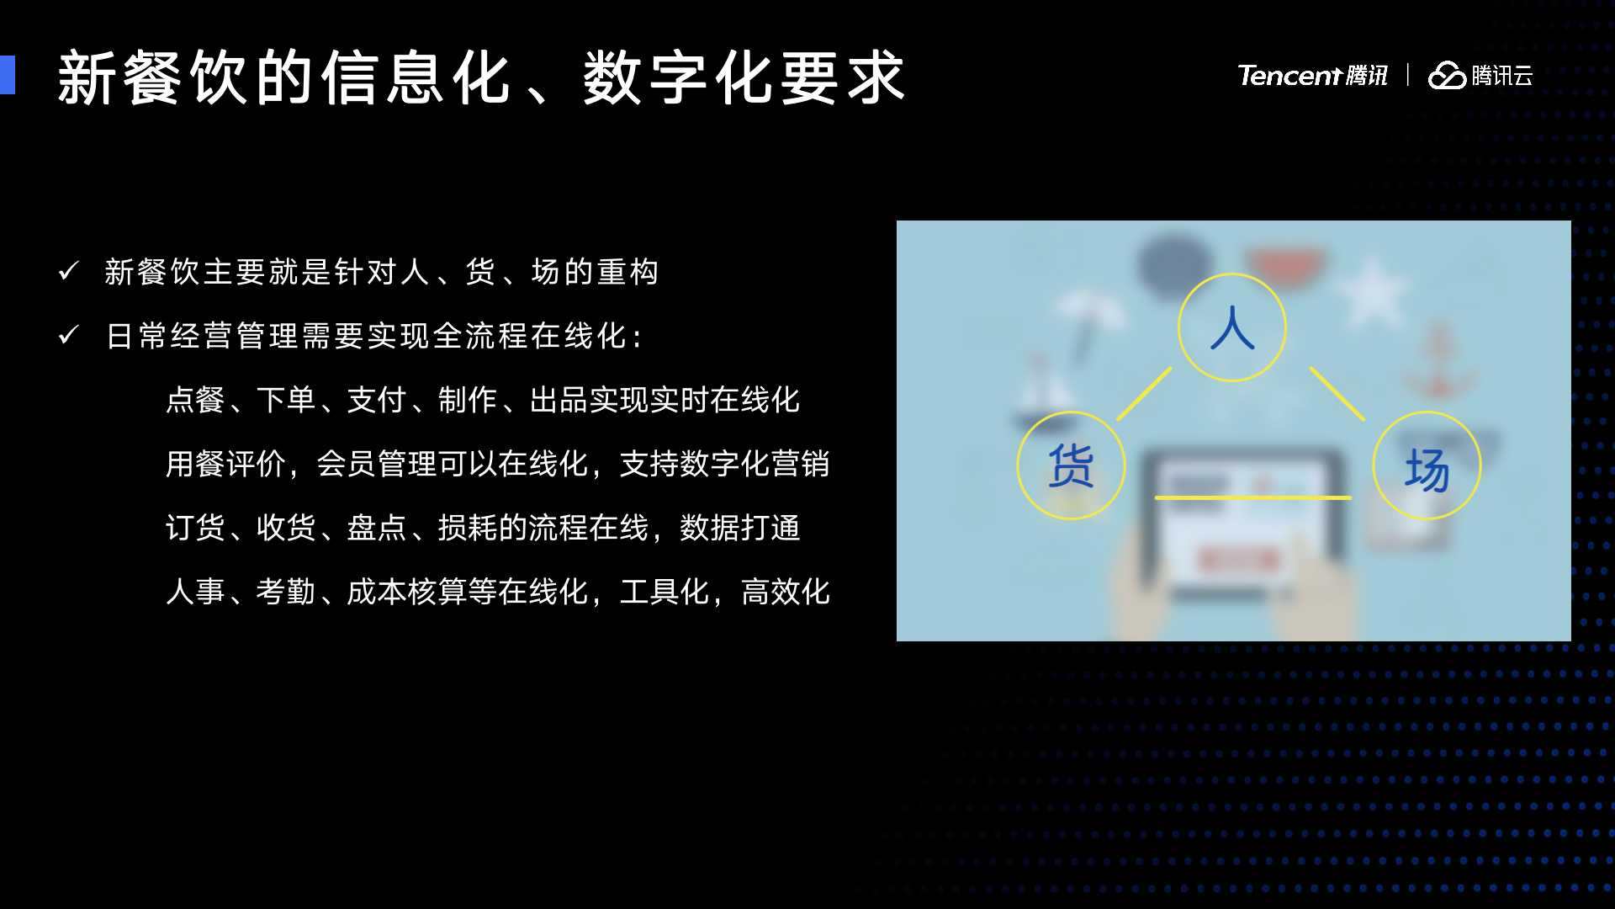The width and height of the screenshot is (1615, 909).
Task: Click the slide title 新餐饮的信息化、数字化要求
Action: click(481, 77)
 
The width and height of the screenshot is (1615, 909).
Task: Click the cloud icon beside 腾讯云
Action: click(1447, 76)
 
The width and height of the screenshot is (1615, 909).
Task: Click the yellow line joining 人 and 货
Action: click(1144, 394)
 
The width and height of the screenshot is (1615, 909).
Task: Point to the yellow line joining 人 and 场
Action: click(1337, 394)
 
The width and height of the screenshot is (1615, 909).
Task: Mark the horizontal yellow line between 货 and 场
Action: click(1253, 497)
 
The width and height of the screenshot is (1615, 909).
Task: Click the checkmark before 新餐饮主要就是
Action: click(69, 271)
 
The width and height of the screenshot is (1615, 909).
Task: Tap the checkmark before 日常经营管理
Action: click(69, 335)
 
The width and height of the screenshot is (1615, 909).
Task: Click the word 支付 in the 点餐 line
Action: click(377, 400)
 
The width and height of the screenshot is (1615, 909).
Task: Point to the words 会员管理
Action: click(376, 464)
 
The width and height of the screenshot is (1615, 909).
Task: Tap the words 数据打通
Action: click(740, 528)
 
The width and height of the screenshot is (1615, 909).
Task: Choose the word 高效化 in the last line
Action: click(786, 592)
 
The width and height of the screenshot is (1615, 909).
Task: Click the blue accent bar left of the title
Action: click(8, 75)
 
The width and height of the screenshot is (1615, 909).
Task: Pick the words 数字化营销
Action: click(755, 464)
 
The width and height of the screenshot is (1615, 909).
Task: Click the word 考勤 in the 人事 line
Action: click(286, 592)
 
